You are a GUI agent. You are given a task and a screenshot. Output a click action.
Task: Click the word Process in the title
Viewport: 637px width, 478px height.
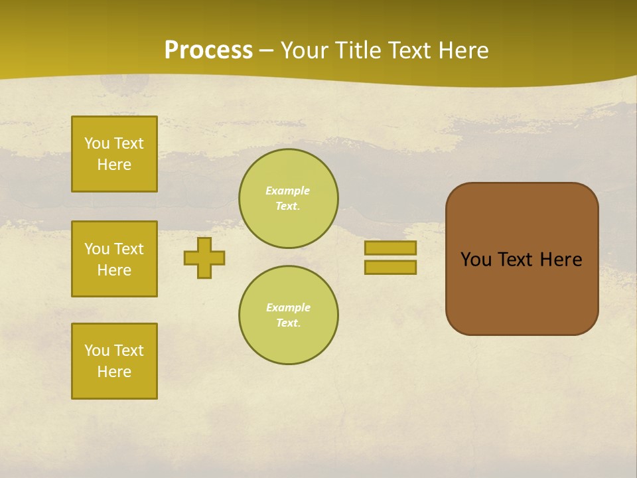pos(208,50)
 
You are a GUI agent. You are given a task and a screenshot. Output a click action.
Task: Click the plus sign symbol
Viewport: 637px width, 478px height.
pos(204,258)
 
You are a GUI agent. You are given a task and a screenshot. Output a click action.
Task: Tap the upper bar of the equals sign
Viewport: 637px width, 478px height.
pos(390,248)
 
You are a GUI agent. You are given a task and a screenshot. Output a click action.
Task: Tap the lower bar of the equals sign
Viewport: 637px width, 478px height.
pos(390,268)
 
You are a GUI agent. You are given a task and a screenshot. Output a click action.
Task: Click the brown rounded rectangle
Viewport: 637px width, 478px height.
pos(522,292)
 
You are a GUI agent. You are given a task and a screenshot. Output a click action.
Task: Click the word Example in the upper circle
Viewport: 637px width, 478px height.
pos(288,191)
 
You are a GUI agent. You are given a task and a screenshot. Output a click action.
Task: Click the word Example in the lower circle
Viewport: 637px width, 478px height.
pos(288,308)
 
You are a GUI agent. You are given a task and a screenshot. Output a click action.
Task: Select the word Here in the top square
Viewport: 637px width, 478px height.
pos(114,165)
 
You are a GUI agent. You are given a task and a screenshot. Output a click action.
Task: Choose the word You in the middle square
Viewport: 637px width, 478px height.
pos(96,249)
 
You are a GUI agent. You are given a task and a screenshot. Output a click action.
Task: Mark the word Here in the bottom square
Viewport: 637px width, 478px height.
pos(114,372)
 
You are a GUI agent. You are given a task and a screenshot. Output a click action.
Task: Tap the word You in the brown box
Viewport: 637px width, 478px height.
pos(476,260)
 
